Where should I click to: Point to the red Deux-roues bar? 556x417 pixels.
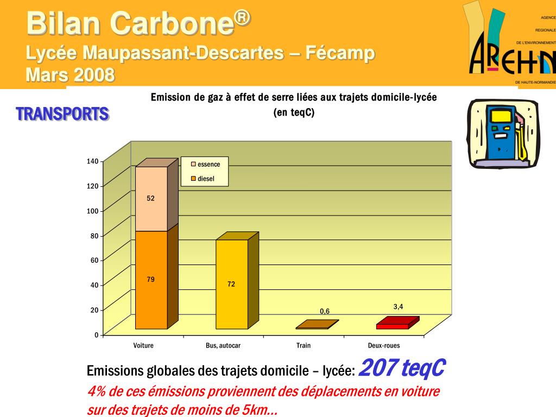[x=393, y=326]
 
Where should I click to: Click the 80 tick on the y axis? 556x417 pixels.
[x=94, y=236]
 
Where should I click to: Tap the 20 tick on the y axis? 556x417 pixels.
[x=94, y=310]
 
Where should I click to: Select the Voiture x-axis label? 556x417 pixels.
[x=143, y=345]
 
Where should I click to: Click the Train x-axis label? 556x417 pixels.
[x=304, y=345]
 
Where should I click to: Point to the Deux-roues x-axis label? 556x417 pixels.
[x=384, y=345]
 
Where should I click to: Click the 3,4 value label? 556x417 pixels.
[x=398, y=307]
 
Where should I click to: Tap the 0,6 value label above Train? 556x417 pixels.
[x=325, y=311]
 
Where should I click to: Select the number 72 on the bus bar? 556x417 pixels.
[x=231, y=284]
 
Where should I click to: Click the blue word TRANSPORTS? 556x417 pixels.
[x=62, y=114]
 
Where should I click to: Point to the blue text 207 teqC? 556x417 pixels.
[x=402, y=368]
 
